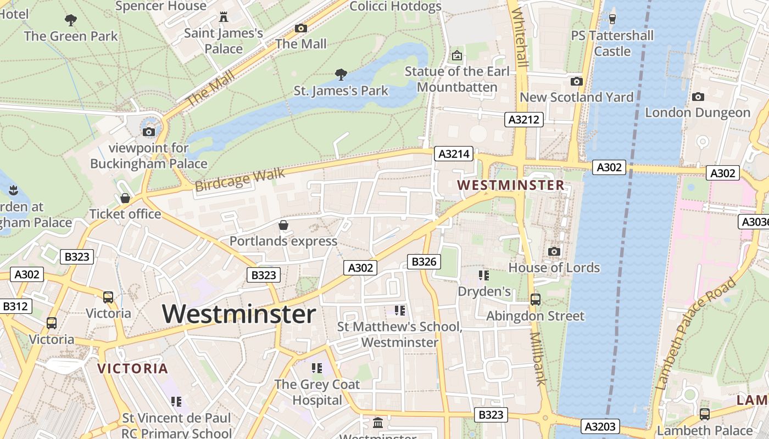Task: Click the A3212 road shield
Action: point(524,120)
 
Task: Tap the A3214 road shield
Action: point(454,154)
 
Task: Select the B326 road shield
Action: point(423,262)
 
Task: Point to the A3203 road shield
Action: point(600,426)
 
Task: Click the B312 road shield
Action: point(15,306)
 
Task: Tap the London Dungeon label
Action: point(698,112)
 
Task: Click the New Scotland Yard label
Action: point(576,97)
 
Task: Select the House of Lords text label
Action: point(554,268)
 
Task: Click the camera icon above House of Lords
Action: point(554,251)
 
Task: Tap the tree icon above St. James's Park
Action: point(341,74)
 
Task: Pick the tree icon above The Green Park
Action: point(70,21)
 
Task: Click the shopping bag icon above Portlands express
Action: point(283,225)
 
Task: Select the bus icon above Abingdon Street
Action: point(536,300)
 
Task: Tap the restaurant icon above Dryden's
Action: point(484,275)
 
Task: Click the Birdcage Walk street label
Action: point(240,180)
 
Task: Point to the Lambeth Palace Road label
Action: point(696,334)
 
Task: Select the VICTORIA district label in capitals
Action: point(132,369)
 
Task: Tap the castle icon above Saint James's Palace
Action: point(223,17)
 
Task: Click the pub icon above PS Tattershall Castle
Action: point(612,19)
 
